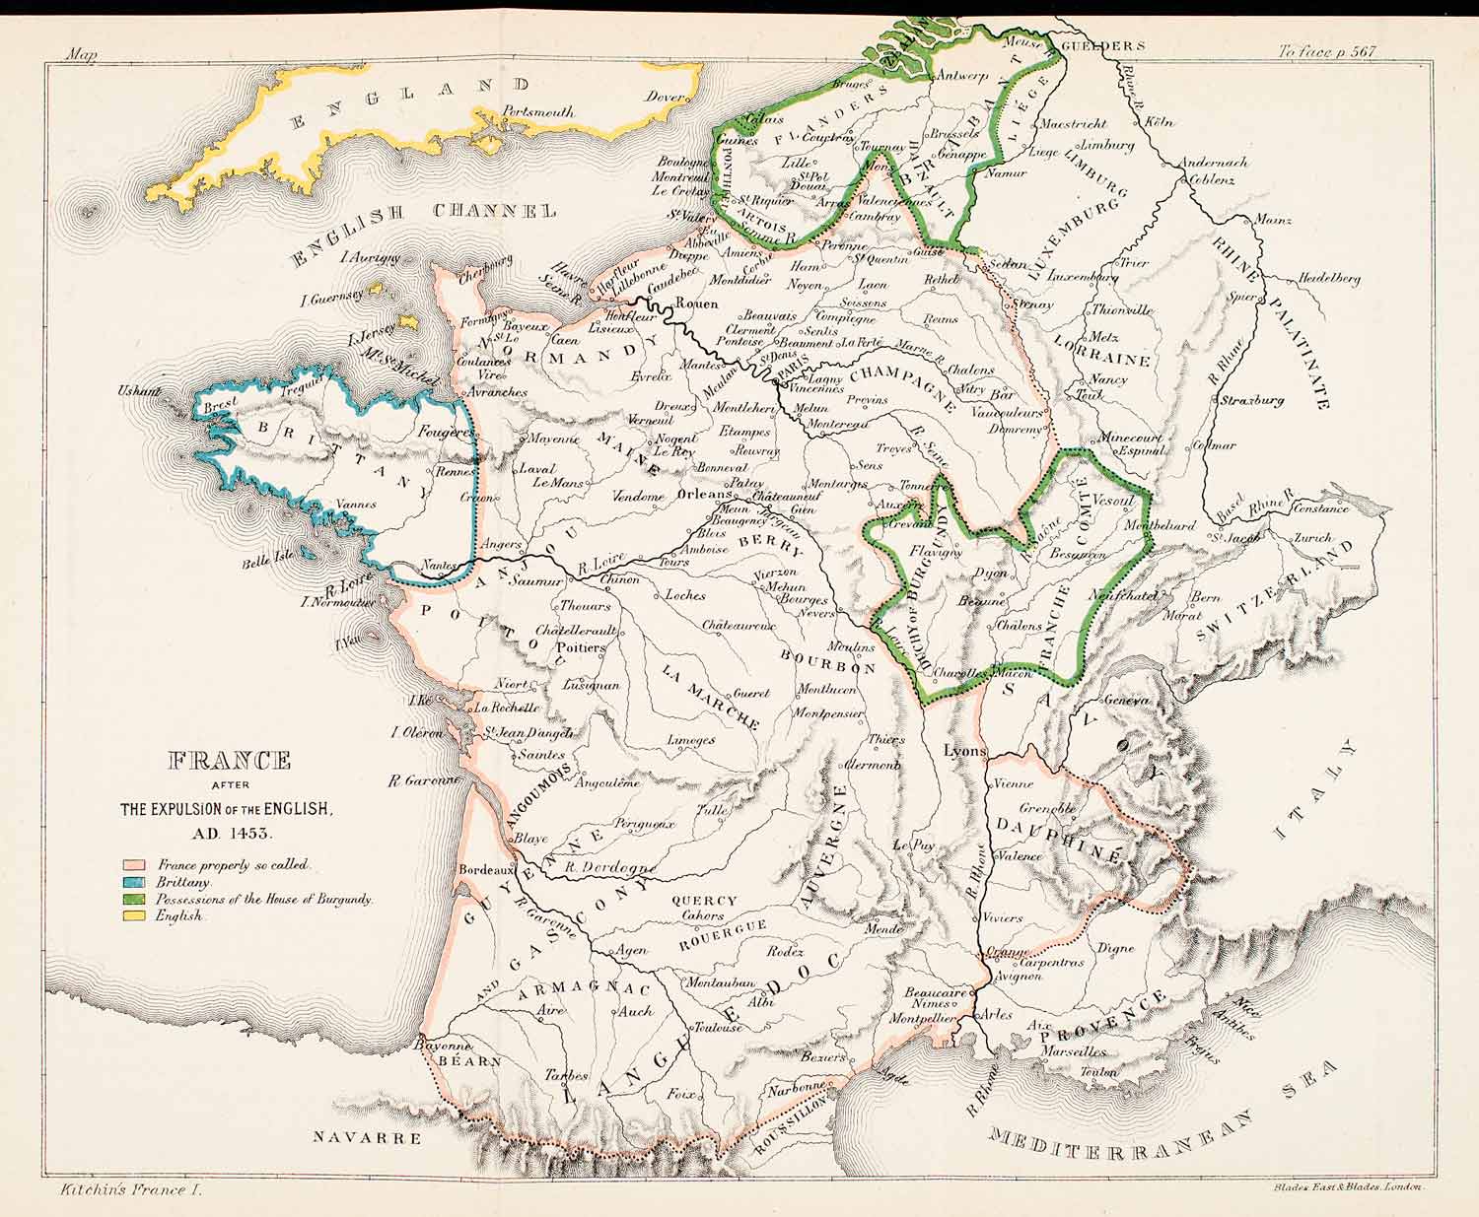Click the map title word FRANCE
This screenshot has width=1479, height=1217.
click(230, 761)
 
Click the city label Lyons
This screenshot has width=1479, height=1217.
click(964, 751)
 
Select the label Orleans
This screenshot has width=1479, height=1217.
click(706, 495)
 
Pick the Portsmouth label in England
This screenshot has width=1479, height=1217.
click(538, 112)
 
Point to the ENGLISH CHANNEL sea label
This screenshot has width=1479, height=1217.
click(424, 228)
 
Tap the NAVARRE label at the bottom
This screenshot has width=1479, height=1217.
click(367, 1137)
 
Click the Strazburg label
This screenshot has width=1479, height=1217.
click(1252, 401)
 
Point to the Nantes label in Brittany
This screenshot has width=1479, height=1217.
click(434, 565)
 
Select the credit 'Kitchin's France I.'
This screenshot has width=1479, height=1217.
click(123, 1190)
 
